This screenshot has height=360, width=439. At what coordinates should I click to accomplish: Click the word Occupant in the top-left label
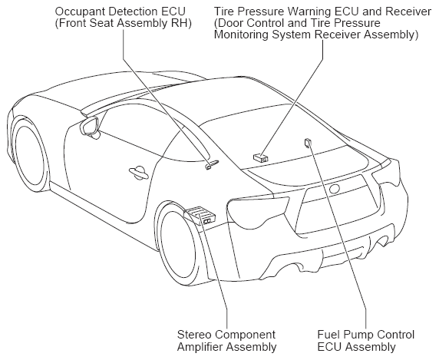pyautogui.click(x=80, y=12)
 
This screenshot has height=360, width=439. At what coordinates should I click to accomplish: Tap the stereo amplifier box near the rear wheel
pyautogui.click(x=200, y=215)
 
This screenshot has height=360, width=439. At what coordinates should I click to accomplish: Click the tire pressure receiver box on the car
pyautogui.click(x=261, y=158)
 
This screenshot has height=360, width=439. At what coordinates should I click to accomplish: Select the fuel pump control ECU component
pyautogui.click(x=308, y=143)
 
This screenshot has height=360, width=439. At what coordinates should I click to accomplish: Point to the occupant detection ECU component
pyautogui.click(x=212, y=164)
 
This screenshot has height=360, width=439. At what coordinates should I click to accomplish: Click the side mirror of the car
pyautogui.click(x=91, y=127)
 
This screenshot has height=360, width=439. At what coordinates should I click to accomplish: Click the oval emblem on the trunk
pyautogui.click(x=335, y=189)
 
